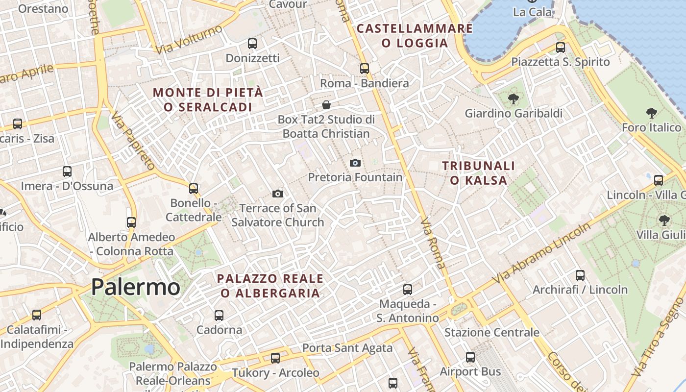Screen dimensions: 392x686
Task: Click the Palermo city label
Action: (x=136, y=287)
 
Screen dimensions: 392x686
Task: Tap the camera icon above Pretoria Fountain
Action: (x=355, y=163)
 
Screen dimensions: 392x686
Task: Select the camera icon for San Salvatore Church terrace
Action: (x=278, y=194)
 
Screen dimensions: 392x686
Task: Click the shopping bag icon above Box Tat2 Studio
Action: (x=326, y=105)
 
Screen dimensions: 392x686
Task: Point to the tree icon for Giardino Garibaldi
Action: (x=513, y=99)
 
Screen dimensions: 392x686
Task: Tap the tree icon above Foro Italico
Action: (x=651, y=114)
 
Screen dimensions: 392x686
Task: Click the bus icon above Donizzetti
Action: (x=252, y=44)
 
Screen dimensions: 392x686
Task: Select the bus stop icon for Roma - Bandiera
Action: (x=364, y=69)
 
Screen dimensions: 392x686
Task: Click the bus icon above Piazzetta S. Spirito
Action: (x=561, y=48)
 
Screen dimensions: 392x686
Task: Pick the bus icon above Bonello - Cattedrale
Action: (x=194, y=188)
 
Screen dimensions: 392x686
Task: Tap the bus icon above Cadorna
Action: (x=219, y=316)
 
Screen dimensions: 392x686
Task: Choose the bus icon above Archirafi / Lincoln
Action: (x=580, y=275)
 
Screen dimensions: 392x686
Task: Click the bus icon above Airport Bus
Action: (x=470, y=357)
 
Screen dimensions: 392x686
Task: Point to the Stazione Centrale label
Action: (x=491, y=333)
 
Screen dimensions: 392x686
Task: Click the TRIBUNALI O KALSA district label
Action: (x=478, y=173)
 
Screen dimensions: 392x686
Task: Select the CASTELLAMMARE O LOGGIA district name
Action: (x=415, y=36)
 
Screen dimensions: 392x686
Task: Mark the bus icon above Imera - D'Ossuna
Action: (x=67, y=171)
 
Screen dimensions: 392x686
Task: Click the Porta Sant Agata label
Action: (x=347, y=348)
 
